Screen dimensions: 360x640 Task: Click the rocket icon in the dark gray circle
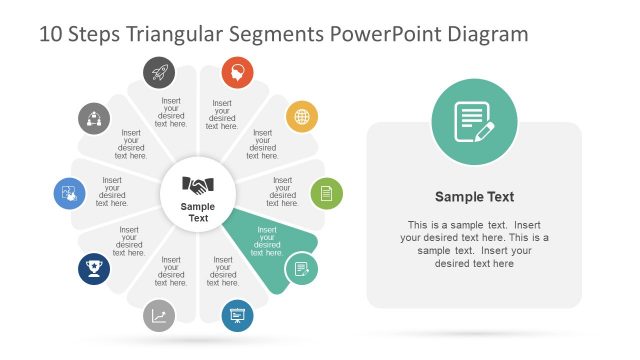tap(159, 71)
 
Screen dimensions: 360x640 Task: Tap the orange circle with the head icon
tap(237, 71)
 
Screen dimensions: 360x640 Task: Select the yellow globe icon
tap(301, 117)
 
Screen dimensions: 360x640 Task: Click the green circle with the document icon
tap(326, 193)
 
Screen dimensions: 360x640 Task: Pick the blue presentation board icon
tap(238, 316)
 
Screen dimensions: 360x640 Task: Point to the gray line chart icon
tap(159, 316)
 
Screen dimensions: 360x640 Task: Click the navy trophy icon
tap(94, 268)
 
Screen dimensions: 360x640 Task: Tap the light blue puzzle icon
tap(69, 192)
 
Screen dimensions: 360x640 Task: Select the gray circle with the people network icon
tap(94, 118)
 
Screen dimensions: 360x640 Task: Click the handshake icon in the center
tap(198, 185)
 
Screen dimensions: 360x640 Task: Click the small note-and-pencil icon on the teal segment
tap(301, 269)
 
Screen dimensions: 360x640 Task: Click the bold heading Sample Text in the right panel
tap(474, 197)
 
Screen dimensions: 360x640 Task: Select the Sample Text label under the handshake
tap(198, 212)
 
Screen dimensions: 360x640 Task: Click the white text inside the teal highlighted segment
tap(267, 241)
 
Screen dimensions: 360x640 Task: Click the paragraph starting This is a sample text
tap(474, 244)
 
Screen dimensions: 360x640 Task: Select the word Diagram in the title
tap(486, 35)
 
